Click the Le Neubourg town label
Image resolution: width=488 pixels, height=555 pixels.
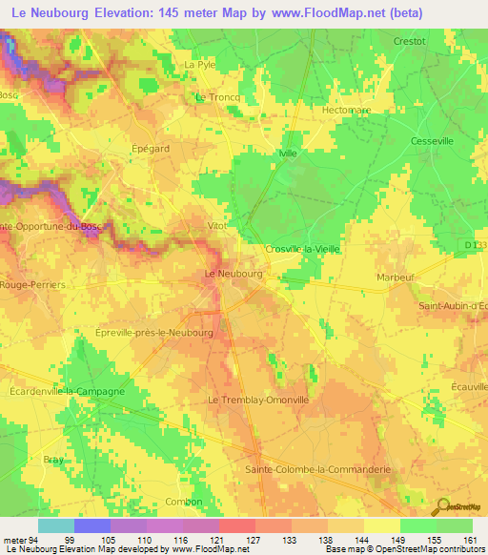pos(234,274)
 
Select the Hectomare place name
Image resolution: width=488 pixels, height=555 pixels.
pos(345,111)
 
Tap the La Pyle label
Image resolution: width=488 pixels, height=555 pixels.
pos(201,65)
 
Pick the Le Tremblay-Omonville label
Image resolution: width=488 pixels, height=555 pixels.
pos(259,401)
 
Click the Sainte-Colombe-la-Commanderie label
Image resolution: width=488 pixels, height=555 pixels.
pos(308,469)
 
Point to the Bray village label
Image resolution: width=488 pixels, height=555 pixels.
pos(53,460)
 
